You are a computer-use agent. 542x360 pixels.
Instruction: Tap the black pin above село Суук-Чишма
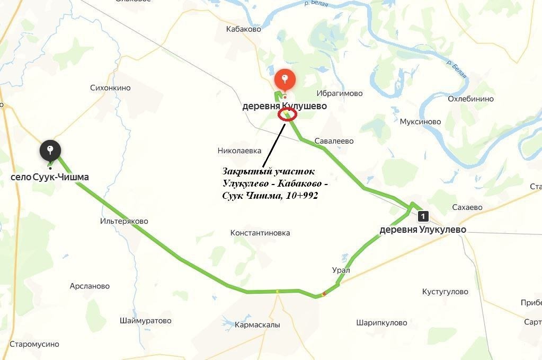50,150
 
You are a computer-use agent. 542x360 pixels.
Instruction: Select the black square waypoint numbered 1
422,216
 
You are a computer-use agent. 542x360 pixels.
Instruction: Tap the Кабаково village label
244,30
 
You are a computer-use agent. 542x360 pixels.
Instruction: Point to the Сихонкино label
110,88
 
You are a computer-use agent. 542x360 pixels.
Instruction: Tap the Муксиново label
421,121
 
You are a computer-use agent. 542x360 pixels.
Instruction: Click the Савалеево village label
334,141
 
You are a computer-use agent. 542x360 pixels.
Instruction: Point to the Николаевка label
239,151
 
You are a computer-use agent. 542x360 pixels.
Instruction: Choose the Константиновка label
260,233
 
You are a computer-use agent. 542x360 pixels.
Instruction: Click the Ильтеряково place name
125,221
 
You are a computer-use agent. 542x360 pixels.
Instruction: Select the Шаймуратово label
146,321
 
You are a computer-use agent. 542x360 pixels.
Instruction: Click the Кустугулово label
445,292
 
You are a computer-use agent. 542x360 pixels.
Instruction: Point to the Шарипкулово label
381,322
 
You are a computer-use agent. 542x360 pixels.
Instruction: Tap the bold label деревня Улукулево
423,230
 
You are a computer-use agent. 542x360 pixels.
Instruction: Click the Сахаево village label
467,208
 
